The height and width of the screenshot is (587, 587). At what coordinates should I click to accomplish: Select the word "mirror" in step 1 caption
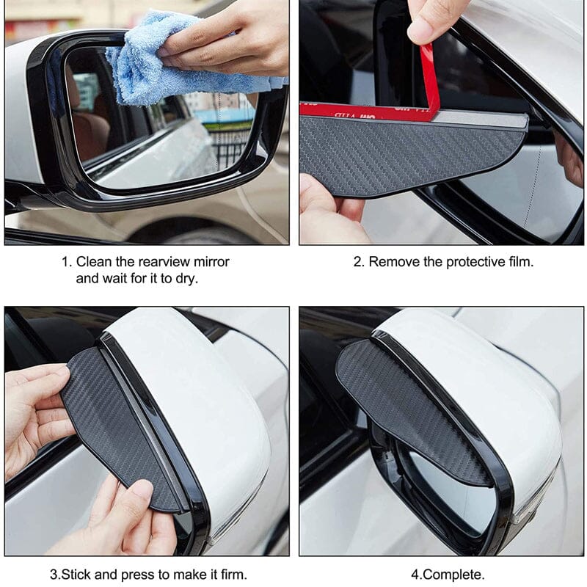point(211,262)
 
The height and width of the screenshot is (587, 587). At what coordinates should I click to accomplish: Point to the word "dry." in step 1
point(186,279)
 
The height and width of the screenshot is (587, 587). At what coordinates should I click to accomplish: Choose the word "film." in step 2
point(521,262)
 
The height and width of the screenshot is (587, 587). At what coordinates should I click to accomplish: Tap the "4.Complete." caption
point(448,575)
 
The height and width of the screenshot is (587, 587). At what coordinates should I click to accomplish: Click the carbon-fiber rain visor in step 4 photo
point(408,408)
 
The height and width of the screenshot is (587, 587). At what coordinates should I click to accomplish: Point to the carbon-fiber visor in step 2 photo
point(412,153)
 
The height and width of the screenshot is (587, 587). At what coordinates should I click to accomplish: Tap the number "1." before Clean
point(67,262)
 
